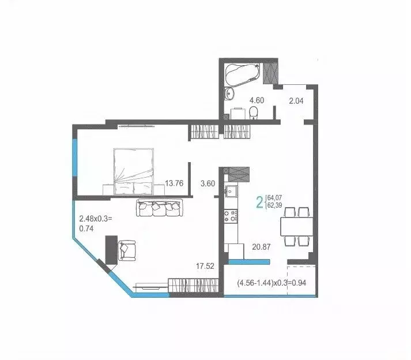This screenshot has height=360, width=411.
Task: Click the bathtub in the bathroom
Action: click(x=242, y=74)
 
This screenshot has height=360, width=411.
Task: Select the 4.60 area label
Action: click(x=257, y=100)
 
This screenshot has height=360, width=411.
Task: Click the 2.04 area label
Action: click(x=296, y=100)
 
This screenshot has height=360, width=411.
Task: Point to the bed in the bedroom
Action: click(x=134, y=171)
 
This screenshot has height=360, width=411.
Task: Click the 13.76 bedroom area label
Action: click(x=174, y=183)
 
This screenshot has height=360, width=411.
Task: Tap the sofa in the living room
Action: click(x=159, y=207)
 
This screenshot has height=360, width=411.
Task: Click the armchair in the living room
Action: click(x=126, y=251)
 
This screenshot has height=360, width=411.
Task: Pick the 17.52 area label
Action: click(x=205, y=266)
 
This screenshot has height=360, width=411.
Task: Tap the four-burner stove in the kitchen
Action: click(x=232, y=216)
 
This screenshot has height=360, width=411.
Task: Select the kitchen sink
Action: click(x=232, y=191)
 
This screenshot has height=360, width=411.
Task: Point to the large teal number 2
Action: click(x=260, y=202)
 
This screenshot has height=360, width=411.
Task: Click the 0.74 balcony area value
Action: click(x=86, y=228)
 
